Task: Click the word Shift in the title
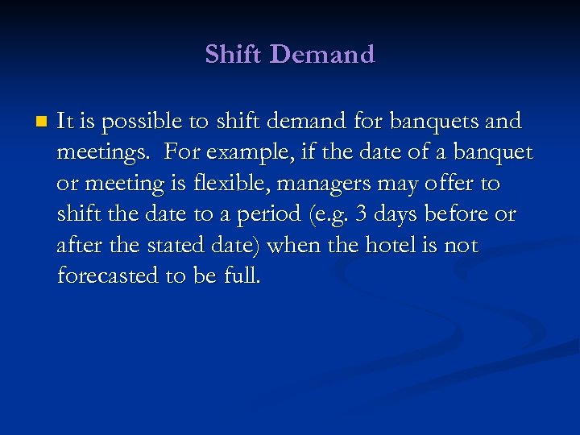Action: click(x=233, y=54)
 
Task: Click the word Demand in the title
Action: click(x=322, y=54)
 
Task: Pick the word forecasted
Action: click(x=108, y=276)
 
